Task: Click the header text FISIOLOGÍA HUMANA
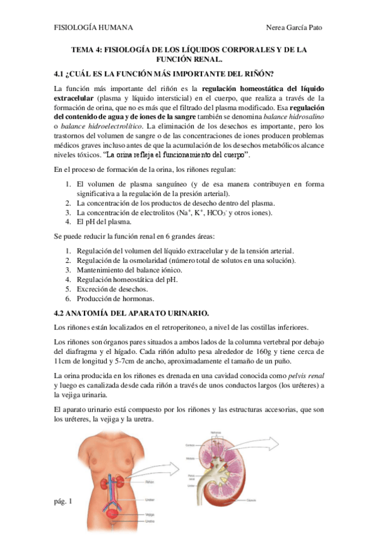click(x=93, y=28)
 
